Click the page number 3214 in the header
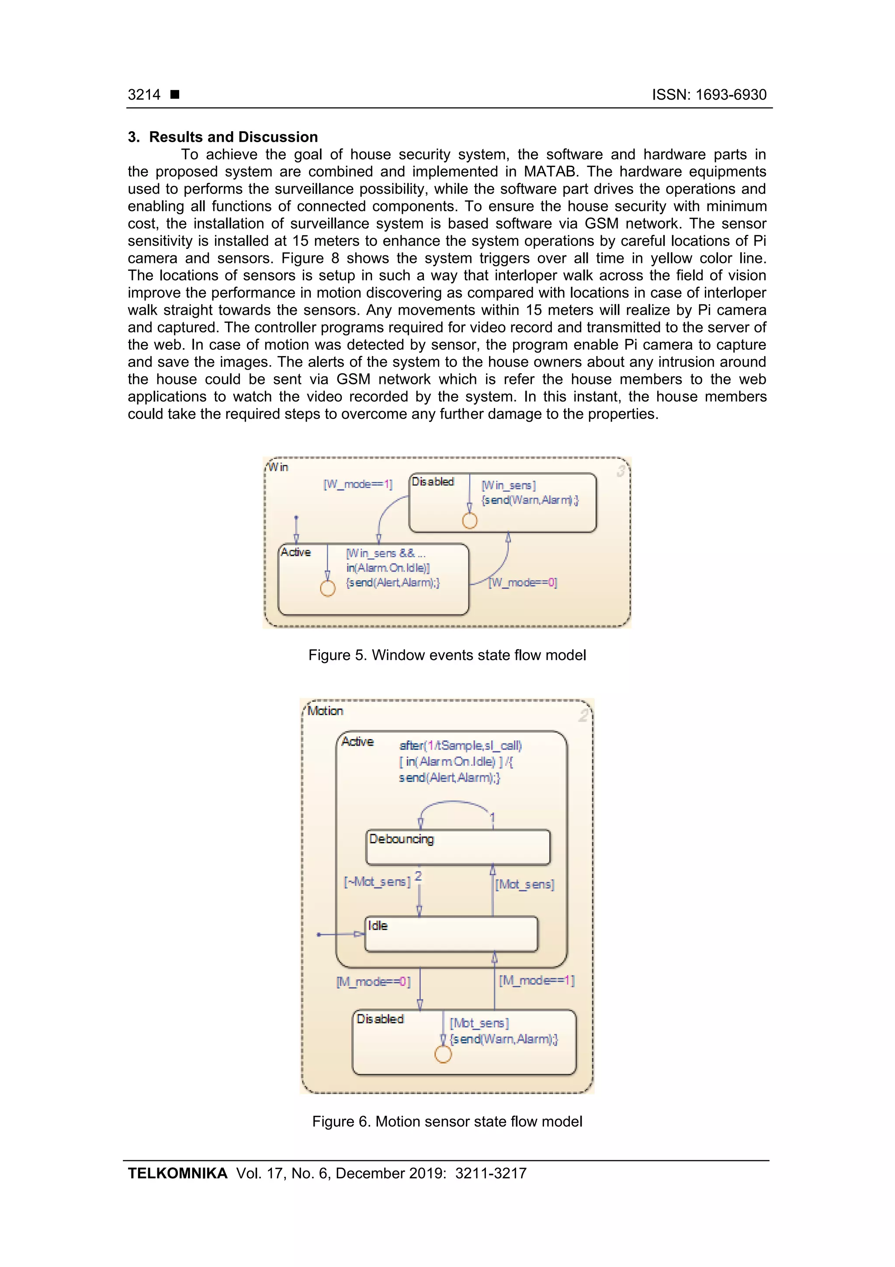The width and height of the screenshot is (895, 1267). click(144, 95)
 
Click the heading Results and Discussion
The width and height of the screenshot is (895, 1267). click(233, 137)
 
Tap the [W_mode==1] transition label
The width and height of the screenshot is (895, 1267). click(358, 485)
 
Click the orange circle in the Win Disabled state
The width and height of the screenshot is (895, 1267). click(469, 520)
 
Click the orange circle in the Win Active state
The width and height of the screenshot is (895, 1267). click(328, 589)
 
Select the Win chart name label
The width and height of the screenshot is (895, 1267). click(278, 468)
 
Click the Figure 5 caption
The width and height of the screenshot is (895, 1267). click(447, 655)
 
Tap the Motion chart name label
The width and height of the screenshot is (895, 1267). click(325, 711)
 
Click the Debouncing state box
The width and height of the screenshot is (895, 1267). click(458, 847)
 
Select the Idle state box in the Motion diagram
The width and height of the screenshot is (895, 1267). click(451, 934)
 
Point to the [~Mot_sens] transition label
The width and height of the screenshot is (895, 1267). click(377, 882)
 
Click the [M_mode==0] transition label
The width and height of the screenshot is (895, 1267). click(373, 982)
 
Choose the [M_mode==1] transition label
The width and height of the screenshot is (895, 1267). click(537, 981)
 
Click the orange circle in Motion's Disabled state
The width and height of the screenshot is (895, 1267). click(443, 1054)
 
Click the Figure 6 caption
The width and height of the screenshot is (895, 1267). click(447, 1122)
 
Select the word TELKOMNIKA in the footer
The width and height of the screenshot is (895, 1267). click(177, 1173)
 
